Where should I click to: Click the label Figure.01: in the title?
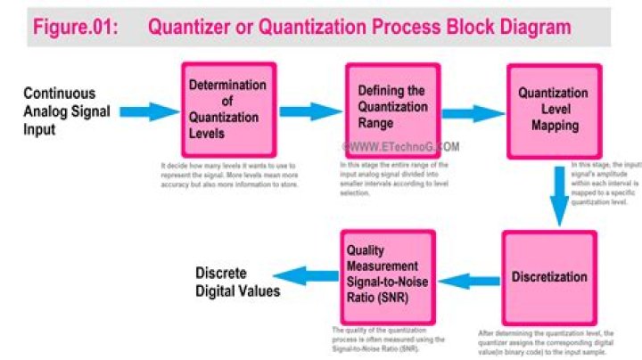tap(75, 27)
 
